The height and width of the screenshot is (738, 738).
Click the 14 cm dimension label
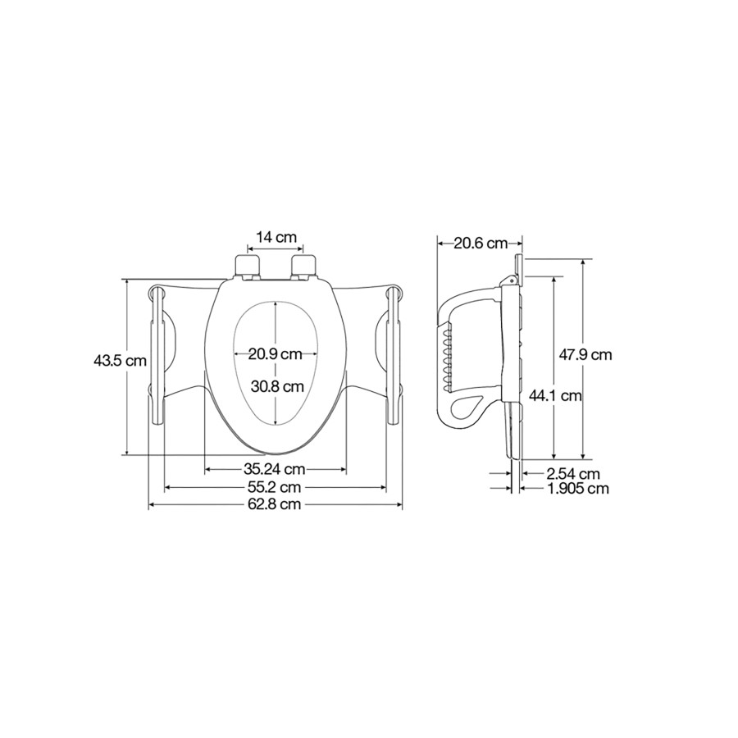276,237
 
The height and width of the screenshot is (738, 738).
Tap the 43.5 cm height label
120,361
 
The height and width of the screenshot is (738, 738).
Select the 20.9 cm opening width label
275,353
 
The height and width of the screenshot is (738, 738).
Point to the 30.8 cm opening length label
277,386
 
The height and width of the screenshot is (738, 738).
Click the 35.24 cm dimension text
275,469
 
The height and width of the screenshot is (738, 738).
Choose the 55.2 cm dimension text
275,486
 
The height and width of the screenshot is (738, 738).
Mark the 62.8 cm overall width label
275,504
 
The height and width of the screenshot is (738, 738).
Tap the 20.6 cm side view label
481,244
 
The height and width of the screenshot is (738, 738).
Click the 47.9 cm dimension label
585,354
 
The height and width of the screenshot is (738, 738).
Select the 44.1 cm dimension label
555,395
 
